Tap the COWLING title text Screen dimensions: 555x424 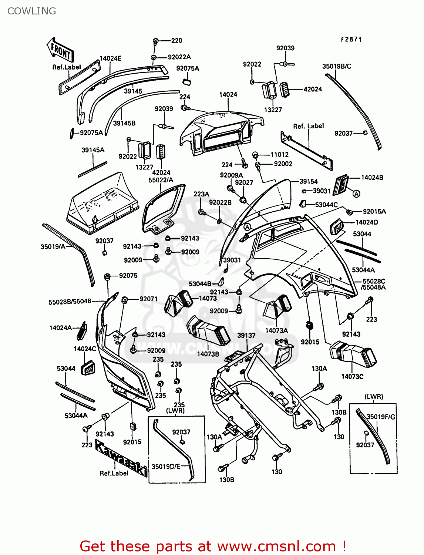(x=32, y=11)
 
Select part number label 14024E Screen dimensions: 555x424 (x=110, y=58)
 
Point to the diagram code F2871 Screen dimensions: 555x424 (x=351, y=39)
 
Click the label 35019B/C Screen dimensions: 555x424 (x=336, y=67)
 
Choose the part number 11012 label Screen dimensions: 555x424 (x=279, y=155)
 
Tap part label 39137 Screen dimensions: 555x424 (x=246, y=336)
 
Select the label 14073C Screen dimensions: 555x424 (x=352, y=377)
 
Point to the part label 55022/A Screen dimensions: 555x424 (x=161, y=180)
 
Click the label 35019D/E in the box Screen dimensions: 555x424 (x=166, y=467)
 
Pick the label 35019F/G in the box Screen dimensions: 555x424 (x=381, y=417)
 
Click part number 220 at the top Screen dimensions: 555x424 (x=176, y=41)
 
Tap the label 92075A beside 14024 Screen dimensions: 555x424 (x=188, y=68)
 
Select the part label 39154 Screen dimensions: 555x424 (x=308, y=181)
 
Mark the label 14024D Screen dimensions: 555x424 (x=366, y=222)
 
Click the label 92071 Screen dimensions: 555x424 (x=148, y=299)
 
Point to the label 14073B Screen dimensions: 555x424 (x=208, y=354)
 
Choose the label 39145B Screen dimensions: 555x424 (x=124, y=123)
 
